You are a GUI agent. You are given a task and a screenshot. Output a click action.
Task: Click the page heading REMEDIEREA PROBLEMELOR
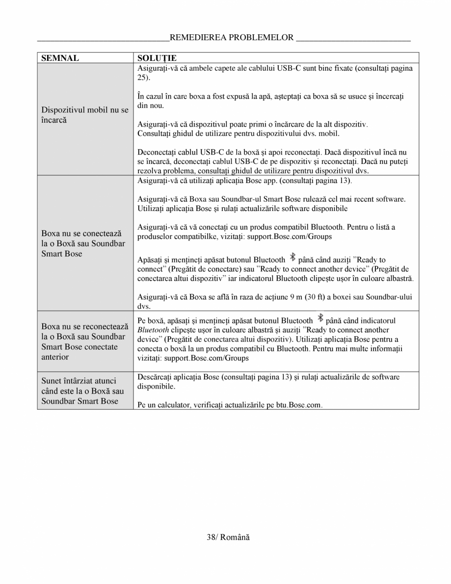coord(231,37)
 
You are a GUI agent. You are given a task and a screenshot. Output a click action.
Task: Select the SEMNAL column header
coord(60,58)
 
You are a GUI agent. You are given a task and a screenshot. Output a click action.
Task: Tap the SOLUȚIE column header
coord(157,58)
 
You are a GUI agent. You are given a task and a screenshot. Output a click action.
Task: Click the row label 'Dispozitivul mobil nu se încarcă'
coord(84,115)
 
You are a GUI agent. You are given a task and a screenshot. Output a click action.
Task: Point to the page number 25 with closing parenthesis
coord(144,78)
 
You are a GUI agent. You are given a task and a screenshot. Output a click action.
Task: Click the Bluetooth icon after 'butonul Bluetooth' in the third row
coord(292,257)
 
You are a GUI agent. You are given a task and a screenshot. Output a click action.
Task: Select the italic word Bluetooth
coord(153,330)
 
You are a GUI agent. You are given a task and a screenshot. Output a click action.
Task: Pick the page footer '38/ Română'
coord(228,537)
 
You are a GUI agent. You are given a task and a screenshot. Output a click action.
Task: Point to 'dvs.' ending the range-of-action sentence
coord(143,306)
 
